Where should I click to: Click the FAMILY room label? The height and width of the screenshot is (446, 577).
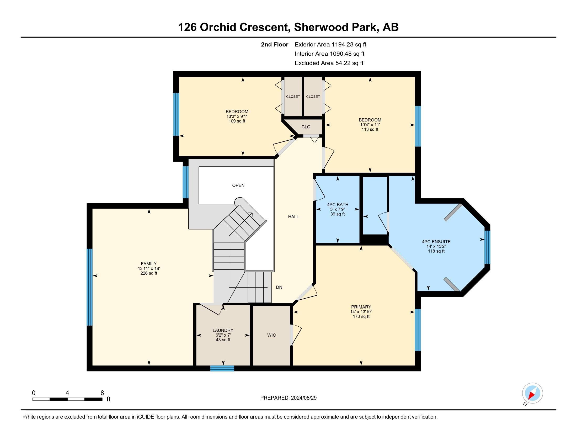tap(149, 264)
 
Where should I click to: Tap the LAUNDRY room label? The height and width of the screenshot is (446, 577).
tap(223, 330)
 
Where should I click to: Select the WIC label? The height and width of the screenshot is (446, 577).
tap(272, 335)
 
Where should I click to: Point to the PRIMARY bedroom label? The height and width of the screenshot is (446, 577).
tap(361, 307)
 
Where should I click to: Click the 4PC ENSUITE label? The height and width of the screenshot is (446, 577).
tap(436, 241)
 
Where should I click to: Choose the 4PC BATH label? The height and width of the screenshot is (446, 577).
tap(338, 205)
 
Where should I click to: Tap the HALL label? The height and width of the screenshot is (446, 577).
tap(293, 217)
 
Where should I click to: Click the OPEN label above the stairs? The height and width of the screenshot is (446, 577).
tap(238, 185)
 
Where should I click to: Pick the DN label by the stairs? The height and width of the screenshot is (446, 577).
tap(279, 287)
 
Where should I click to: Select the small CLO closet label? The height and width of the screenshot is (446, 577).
tap(306, 127)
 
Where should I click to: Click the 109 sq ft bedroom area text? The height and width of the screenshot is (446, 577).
tap(237, 121)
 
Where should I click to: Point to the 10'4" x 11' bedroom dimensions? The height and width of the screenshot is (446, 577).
tap(370, 125)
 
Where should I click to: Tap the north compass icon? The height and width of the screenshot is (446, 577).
tap(532, 393)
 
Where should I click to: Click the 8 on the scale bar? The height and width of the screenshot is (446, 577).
tap(102, 393)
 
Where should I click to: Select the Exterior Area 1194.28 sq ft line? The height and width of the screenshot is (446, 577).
tap(330, 44)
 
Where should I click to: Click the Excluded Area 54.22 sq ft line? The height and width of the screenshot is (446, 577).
tap(329, 63)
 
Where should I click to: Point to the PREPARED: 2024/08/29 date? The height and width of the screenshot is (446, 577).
tap(288, 398)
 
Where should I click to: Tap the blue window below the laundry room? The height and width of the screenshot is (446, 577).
tap(222, 368)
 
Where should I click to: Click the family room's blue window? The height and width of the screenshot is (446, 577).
tap(90, 287)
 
